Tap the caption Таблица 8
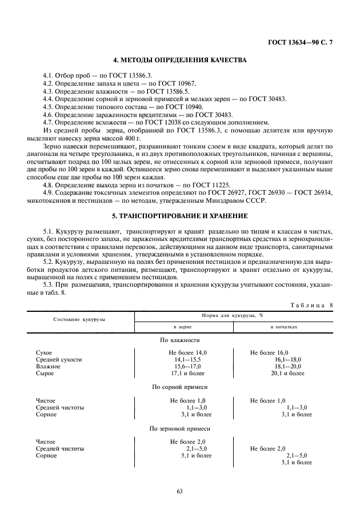314,305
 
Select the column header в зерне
182,327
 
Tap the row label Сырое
45,373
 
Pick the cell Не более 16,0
269,352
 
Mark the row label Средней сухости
59,359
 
